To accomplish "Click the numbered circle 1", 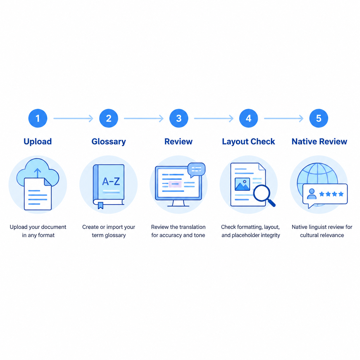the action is [x=38, y=118].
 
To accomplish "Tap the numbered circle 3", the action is [x=179, y=118].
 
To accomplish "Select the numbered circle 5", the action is [x=319, y=118].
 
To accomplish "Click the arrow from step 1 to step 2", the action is [x=73, y=118].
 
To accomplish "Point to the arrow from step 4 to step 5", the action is [x=284, y=118].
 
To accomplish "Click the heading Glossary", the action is [x=109, y=142].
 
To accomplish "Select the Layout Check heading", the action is [x=248, y=142].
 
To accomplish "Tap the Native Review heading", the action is [x=319, y=142].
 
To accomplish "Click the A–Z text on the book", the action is [x=111, y=181].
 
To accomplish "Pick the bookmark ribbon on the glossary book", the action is [x=100, y=205].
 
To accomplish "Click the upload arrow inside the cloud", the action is [x=38, y=173].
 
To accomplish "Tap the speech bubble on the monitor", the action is [x=196, y=170].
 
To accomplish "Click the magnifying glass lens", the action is [x=262, y=193].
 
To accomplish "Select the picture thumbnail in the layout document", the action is [x=242, y=184].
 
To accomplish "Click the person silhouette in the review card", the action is [x=312, y=194].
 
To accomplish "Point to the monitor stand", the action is [x=178, y=203].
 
